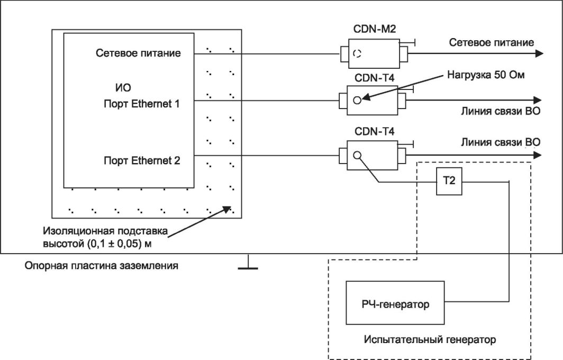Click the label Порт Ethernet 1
(x=142, y=103)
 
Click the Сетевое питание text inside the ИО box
(x=139, y=53)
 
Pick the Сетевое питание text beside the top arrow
(x=492, y=42)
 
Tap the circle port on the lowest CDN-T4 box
(x=358, y=155)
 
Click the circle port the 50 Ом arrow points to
(x=358, y=100)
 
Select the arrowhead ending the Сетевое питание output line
(x=538, y=53)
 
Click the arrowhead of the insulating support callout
(x=230, y=209)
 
